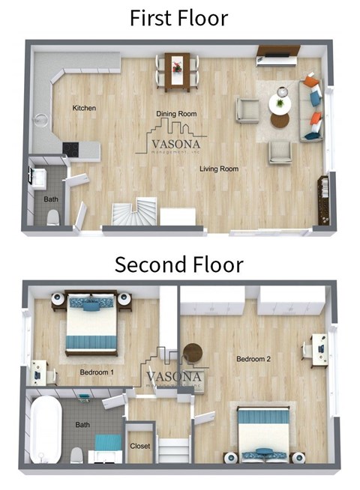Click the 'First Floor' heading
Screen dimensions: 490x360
coord(178,17)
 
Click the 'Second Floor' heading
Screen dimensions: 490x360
coord(178,264)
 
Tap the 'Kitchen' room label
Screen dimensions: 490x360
coord(84,109)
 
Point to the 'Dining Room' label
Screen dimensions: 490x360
coord(175,114)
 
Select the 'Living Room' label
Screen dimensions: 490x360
coord(219,169)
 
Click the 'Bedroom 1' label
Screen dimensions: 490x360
coord(96,372)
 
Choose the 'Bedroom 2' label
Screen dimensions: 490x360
coord(253,359)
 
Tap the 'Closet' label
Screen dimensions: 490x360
coord(140,446)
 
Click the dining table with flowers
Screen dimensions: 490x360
coord(177,67)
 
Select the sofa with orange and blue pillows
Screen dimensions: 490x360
coord(310,109)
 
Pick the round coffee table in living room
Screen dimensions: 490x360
coord(280,118)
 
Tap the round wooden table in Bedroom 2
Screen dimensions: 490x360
coord(193,352)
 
